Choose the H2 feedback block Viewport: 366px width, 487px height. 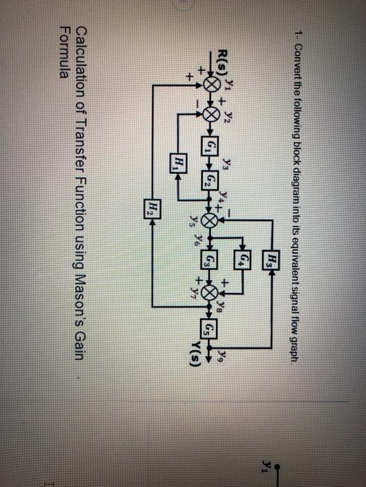(153, 207)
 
